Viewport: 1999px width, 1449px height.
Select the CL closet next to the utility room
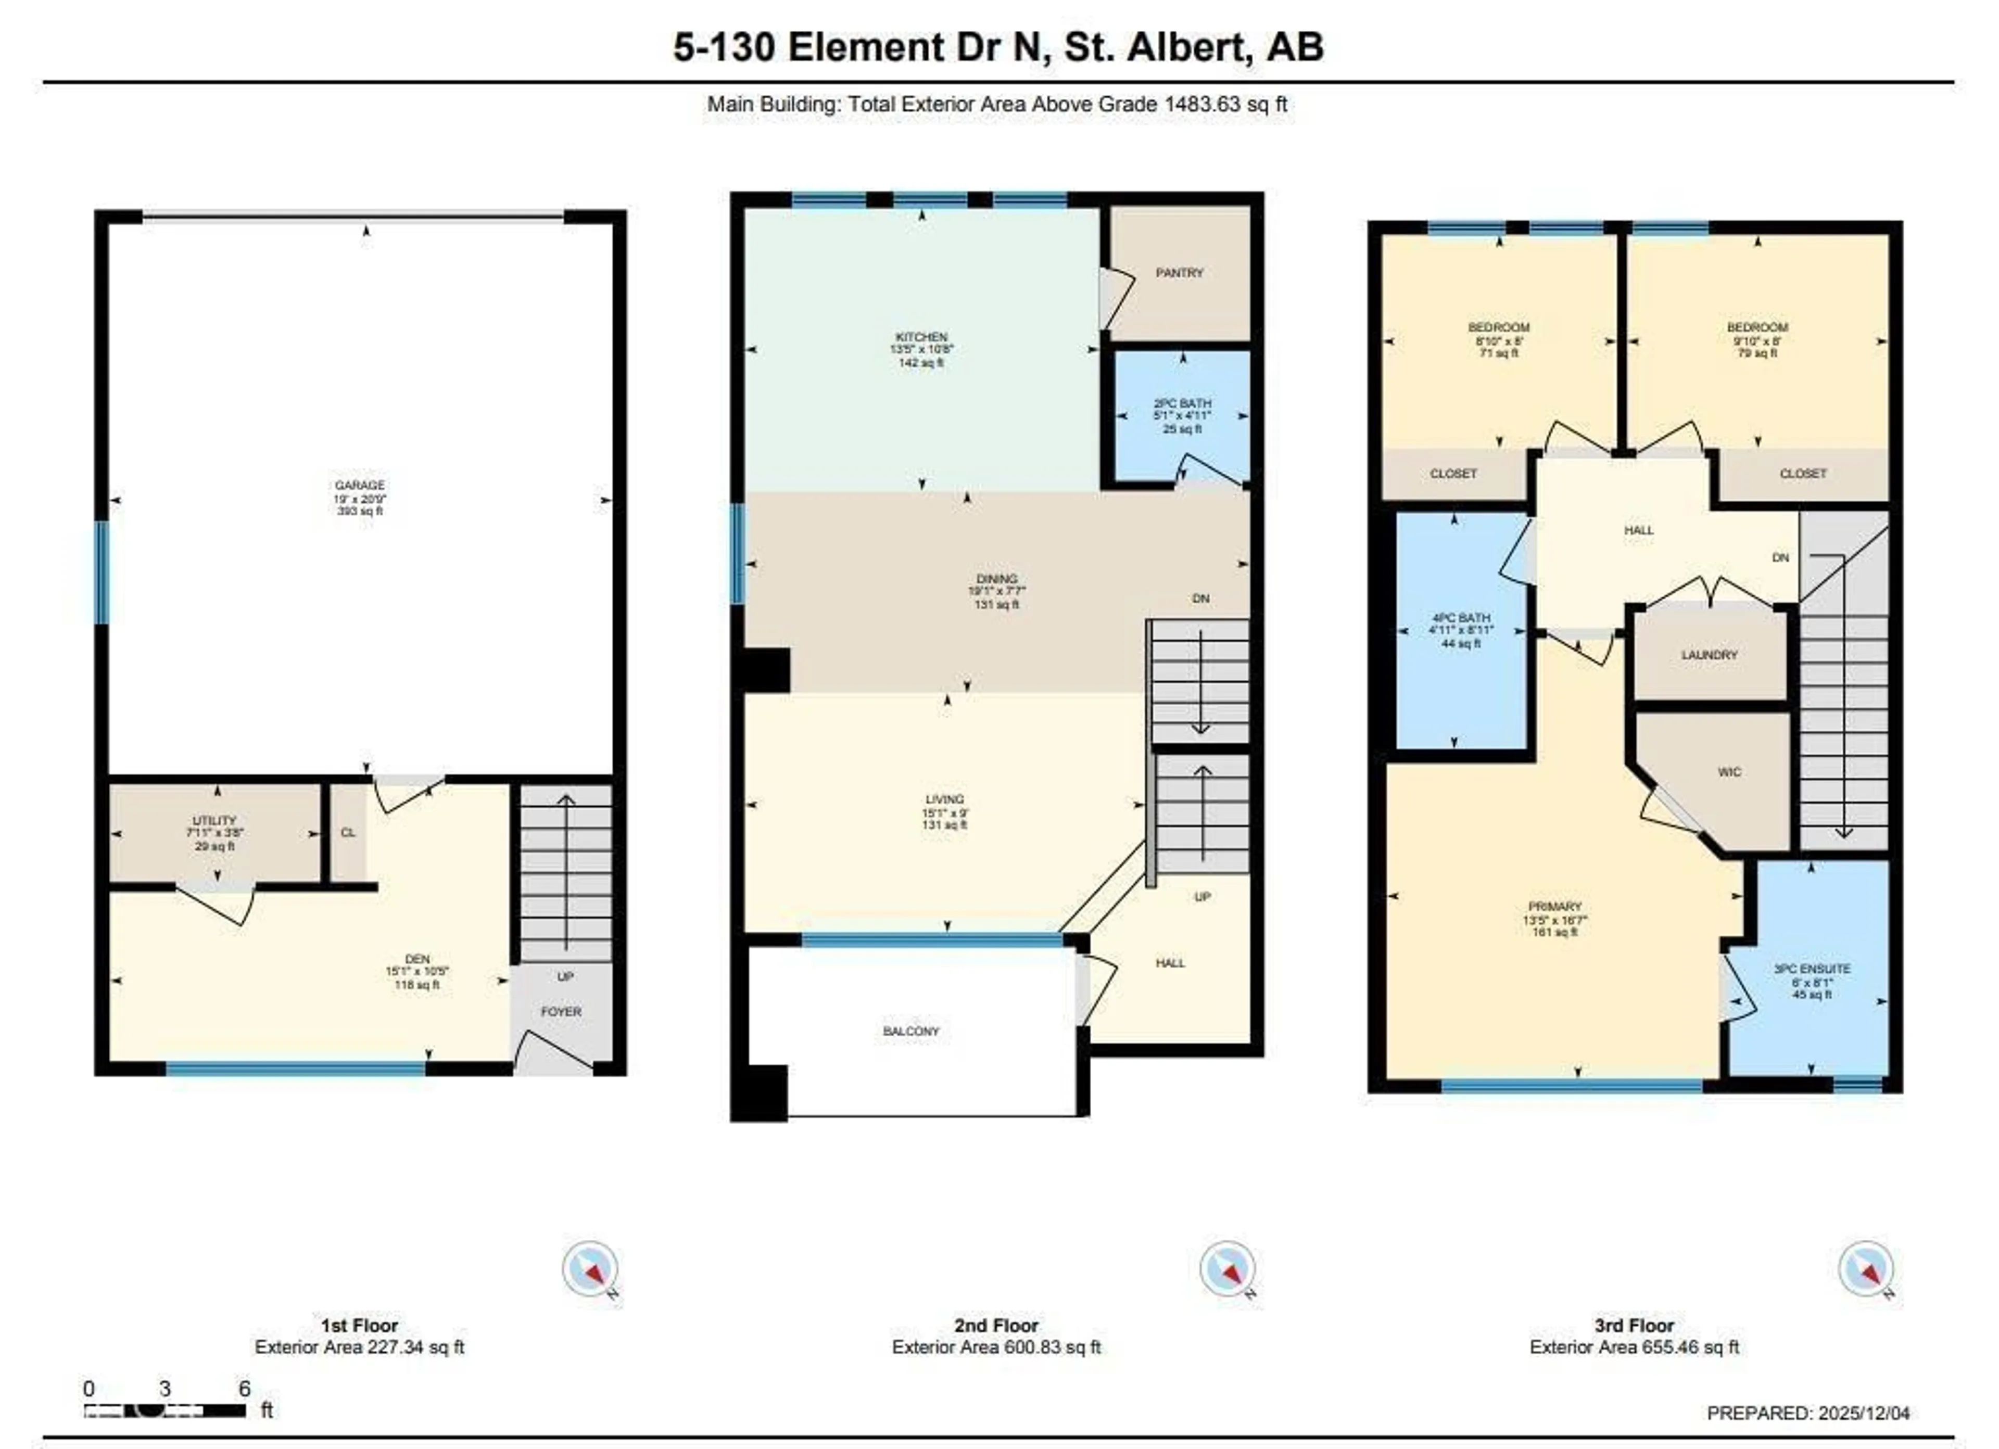pyautogui.click(x=348, y=833)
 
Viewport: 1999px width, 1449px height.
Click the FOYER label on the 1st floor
pyautogui.click(x=561, y=1012)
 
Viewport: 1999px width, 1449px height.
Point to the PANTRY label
pyautogui.click(x=1179, y=273)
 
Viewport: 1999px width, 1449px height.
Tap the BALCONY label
pyautogui.click(x=912, y=1031)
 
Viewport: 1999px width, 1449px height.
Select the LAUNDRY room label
pyautogui.click(x=1709, y=655)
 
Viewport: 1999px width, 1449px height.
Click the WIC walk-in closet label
pyautogui.click(x=1729, y=772)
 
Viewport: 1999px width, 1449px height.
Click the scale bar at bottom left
pyautogui.click(x=166, y=1410)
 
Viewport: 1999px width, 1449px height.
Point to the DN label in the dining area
pyautogui.click(x=1200, y=599)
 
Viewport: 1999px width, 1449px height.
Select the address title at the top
pyautogui.click(x=998, y=47)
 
